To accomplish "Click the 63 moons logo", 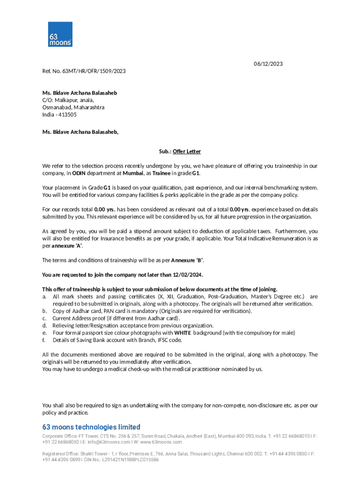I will click(x=60, y=34).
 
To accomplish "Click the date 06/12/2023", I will click(x=268, y=64).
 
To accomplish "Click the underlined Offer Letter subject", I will click(x=187, y=152).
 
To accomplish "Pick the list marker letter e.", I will click(x=44, y=333).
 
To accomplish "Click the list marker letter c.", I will click(x=44, y=319).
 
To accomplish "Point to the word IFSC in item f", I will click(x=163, y=340).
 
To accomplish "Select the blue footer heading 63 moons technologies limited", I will click(x=91, y=427).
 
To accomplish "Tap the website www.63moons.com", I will click(x=161, y=442).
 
